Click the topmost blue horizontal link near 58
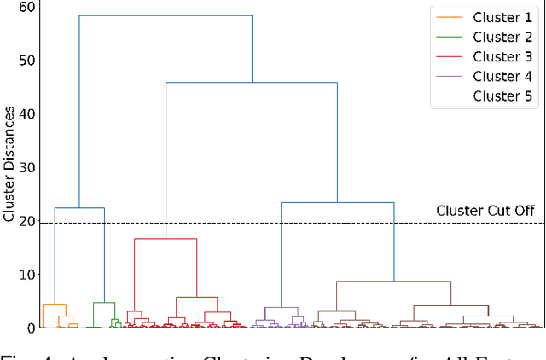coord(166,15)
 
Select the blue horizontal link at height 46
coord(252,83)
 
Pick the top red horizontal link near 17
coord(166,239)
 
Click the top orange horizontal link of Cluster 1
coord(54,304)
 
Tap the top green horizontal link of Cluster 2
coord(104,302)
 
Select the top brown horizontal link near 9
coord(393,282)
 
